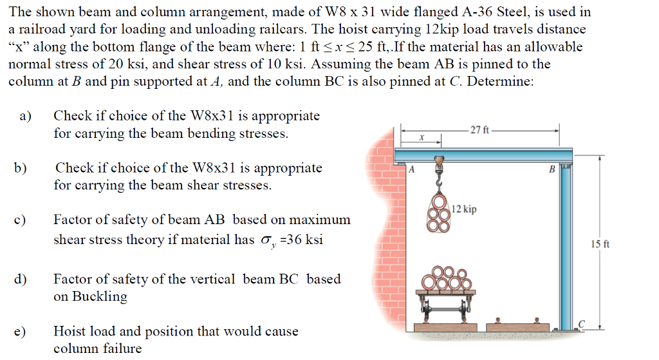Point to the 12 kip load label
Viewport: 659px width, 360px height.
(x=464, y=209)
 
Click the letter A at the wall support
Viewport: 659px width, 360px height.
(x=412, y=169)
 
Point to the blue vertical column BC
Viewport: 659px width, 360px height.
(x=566, y=245)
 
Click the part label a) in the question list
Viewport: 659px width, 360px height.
(x=26, y=117)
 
